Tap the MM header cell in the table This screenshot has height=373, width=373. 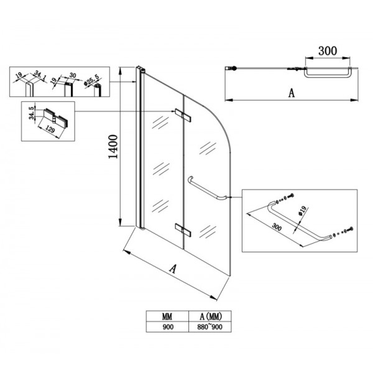(x=167, y=315)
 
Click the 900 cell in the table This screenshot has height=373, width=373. (x=167, y=325)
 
